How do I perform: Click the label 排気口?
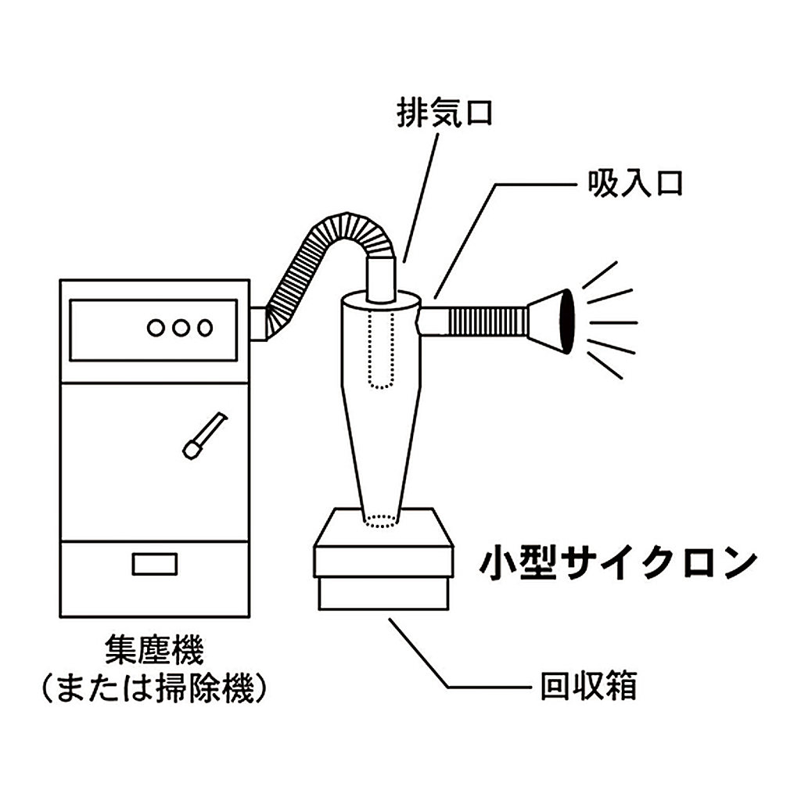coord(444,113)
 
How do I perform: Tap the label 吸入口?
coord(634,184)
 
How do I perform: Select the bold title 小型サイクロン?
coord(618,562)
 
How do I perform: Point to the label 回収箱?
coord(588,686)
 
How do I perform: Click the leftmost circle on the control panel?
coord(156,328)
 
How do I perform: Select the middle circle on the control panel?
coord(180,328)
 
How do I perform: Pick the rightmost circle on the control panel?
coord(205,328)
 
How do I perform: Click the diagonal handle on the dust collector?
coord(204,435)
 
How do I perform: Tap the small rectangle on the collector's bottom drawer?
coord(154,563)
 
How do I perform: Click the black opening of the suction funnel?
coord(565,323)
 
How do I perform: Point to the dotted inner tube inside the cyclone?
coord(381,350)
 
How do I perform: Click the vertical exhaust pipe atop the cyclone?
coord(381,279)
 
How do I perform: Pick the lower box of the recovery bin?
coord(383,593)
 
